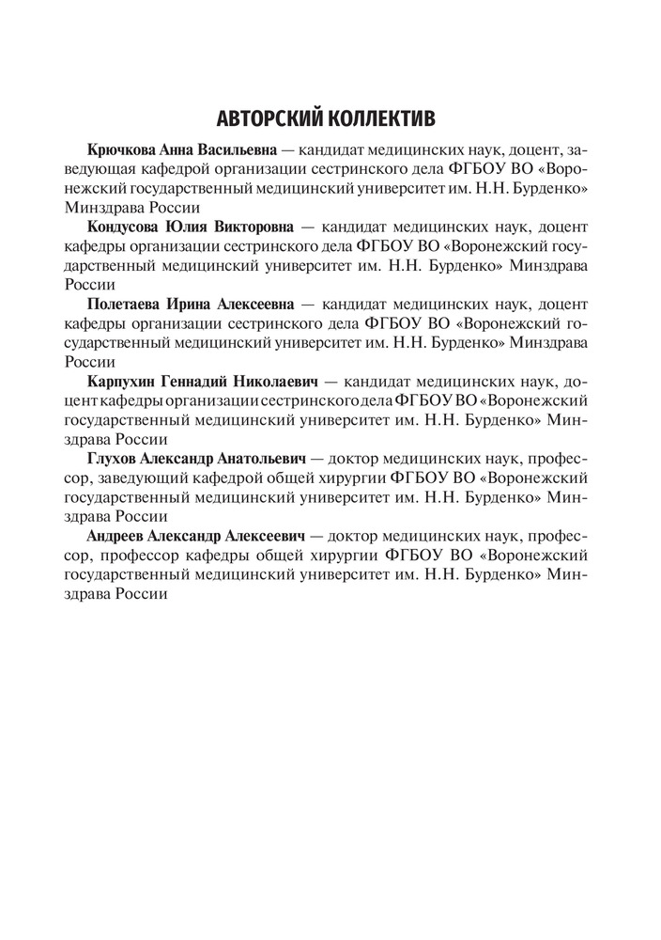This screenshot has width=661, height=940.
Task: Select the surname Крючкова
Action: click(x=121, y=150)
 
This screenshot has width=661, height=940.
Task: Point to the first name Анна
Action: click(x=183, y=150)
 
